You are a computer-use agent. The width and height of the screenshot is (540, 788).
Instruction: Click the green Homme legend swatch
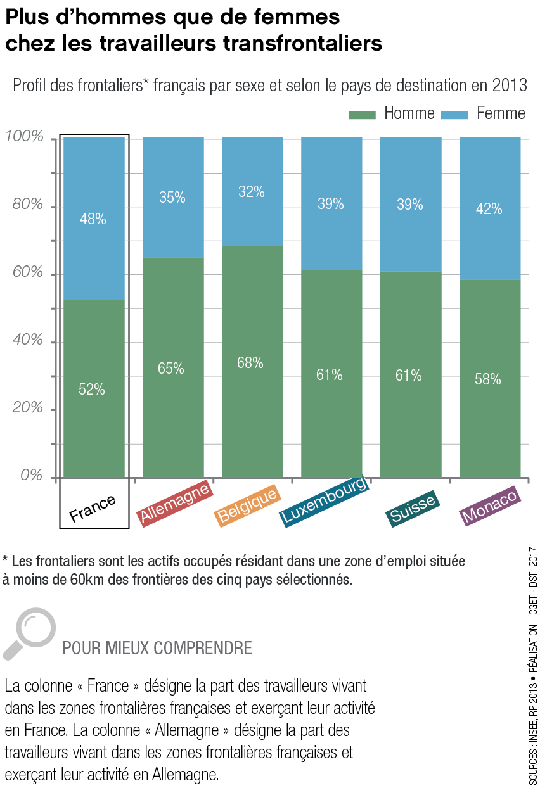click(x=362, y=115)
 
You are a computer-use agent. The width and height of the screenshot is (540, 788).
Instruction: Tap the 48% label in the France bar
click(x=93, y=219)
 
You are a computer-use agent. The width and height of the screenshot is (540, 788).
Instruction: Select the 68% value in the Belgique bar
click(x=251, y=363)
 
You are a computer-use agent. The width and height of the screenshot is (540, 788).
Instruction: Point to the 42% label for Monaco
click(x=489, y=209)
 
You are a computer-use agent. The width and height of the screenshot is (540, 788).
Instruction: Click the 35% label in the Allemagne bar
click(x=172, y=198)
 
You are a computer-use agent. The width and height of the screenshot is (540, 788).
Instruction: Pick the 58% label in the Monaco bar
click(x=489, y=379)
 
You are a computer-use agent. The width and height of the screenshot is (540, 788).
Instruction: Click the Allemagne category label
click(x=174, y=505)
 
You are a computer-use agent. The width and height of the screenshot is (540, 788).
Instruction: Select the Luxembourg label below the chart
click(x=324, y=500)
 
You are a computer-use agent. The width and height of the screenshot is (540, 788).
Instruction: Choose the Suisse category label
click(x=413, y=508)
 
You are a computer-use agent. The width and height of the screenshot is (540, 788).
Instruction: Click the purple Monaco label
click(x=490, y=506)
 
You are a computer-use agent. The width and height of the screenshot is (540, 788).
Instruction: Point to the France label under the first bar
click(x=93, y=508)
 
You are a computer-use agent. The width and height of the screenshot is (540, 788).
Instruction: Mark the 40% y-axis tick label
click(x=27, y=341)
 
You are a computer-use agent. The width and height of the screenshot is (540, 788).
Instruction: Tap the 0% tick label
click(x=30, y=476)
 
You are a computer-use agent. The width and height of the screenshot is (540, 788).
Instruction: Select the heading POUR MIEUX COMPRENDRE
click(x=157, y=649)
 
